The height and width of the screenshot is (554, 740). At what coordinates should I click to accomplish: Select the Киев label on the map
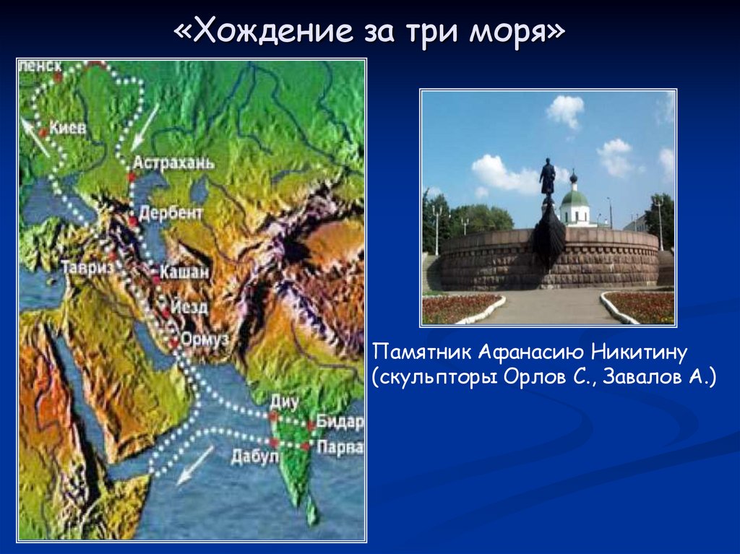[66, 128]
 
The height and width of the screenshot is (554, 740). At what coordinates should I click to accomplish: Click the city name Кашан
[186, 272]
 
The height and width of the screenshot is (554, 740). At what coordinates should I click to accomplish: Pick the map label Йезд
[189, 307]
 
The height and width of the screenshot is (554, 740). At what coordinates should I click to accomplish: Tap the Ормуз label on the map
[206, 339]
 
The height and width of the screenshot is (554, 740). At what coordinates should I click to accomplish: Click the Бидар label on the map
[340, 423]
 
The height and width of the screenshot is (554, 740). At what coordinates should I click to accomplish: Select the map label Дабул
[250, 456]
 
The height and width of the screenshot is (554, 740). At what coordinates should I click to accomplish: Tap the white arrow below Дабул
[195, 464]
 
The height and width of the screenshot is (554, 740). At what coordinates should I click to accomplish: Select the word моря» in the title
[525, 33]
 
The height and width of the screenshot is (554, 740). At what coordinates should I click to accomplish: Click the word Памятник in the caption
[421, 352]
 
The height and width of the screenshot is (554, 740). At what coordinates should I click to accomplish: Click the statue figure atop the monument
[548, 178]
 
